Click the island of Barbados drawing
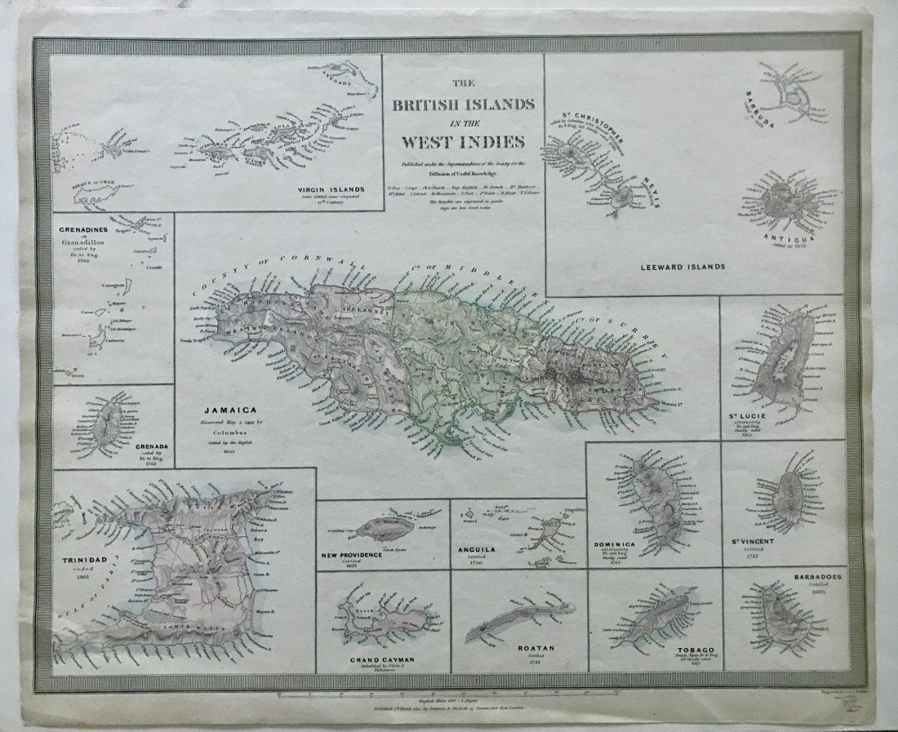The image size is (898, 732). point(780,620)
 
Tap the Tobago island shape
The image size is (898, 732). point(665,618)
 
